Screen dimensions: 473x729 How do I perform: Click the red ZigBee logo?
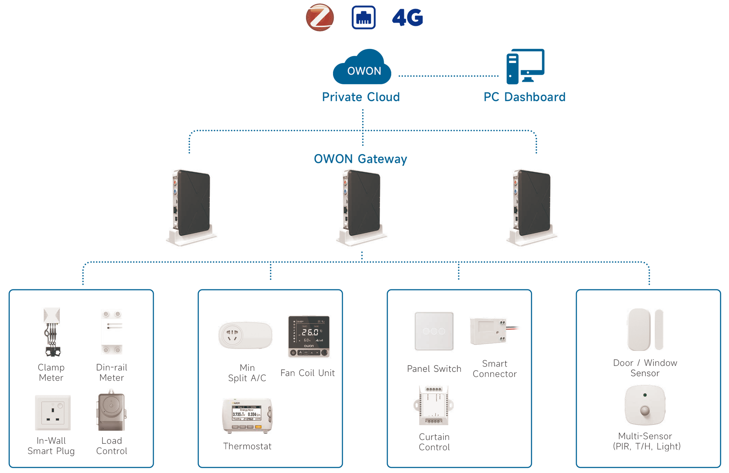pyautogui.click(x=320, y=17)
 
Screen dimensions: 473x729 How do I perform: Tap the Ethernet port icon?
pyautogui.click(x=363, y=17)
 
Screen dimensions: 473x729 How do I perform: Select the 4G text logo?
pyautogui.click(x=407, y=17)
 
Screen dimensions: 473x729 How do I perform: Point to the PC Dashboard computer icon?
pyautogui.click(x=525, y=66)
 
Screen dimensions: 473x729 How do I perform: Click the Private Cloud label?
pyautogui.click(x=361, y=97)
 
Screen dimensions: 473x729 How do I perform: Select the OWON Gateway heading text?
pyautogui.click(x=360, y=159)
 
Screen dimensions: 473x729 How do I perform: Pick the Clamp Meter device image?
pyautogui.click(x=52, y=332)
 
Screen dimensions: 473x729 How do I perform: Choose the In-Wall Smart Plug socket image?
pyautogui.click(x=52, y=413)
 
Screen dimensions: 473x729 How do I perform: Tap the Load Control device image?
pyautogui.click(x=111, y=411)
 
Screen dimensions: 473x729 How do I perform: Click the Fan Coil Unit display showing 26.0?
pyautogui.click(x=309, y=336)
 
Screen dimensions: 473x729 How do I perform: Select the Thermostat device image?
pyautogui.click(x=247, y=416)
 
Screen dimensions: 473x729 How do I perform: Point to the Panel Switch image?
pyautogui.click(x=434, y=331)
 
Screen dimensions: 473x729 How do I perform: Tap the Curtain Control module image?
pyautogui.click(x=434, y=405)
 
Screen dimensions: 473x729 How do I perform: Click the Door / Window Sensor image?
pyautogui.click(x=645, y=330)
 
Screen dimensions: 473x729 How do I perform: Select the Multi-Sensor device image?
pyautogui.click(x=645, y=405)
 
